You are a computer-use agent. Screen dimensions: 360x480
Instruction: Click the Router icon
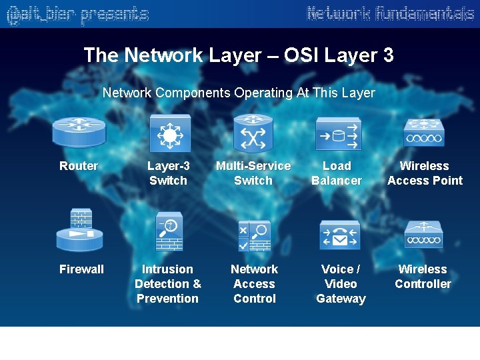pos(79,132)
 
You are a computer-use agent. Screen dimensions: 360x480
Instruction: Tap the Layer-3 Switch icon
pos(170,133)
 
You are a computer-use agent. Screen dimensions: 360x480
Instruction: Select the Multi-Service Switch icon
pos(253,133)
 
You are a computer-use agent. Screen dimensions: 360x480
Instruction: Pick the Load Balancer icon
pos(338,133)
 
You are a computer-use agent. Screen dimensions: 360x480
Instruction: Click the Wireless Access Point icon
pos(423,133)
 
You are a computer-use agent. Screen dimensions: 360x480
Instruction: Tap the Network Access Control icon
pos(254,235)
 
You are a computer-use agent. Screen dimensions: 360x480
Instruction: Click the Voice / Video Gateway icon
pos(339,235)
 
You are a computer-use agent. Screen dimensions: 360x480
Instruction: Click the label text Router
pos(79,166)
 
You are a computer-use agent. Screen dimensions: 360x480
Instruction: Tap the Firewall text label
pos(81,269)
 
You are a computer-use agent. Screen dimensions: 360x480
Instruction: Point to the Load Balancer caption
pos(337,173)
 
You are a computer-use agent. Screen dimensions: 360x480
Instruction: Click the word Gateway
pos(341,299)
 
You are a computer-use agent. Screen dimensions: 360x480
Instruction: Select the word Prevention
pos(167,299)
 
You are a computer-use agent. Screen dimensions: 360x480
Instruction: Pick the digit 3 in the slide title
pos(388,55)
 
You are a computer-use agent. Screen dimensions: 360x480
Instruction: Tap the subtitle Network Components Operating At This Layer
pos(239,93)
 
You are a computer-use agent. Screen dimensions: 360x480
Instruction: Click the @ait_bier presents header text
pos(77,14)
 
